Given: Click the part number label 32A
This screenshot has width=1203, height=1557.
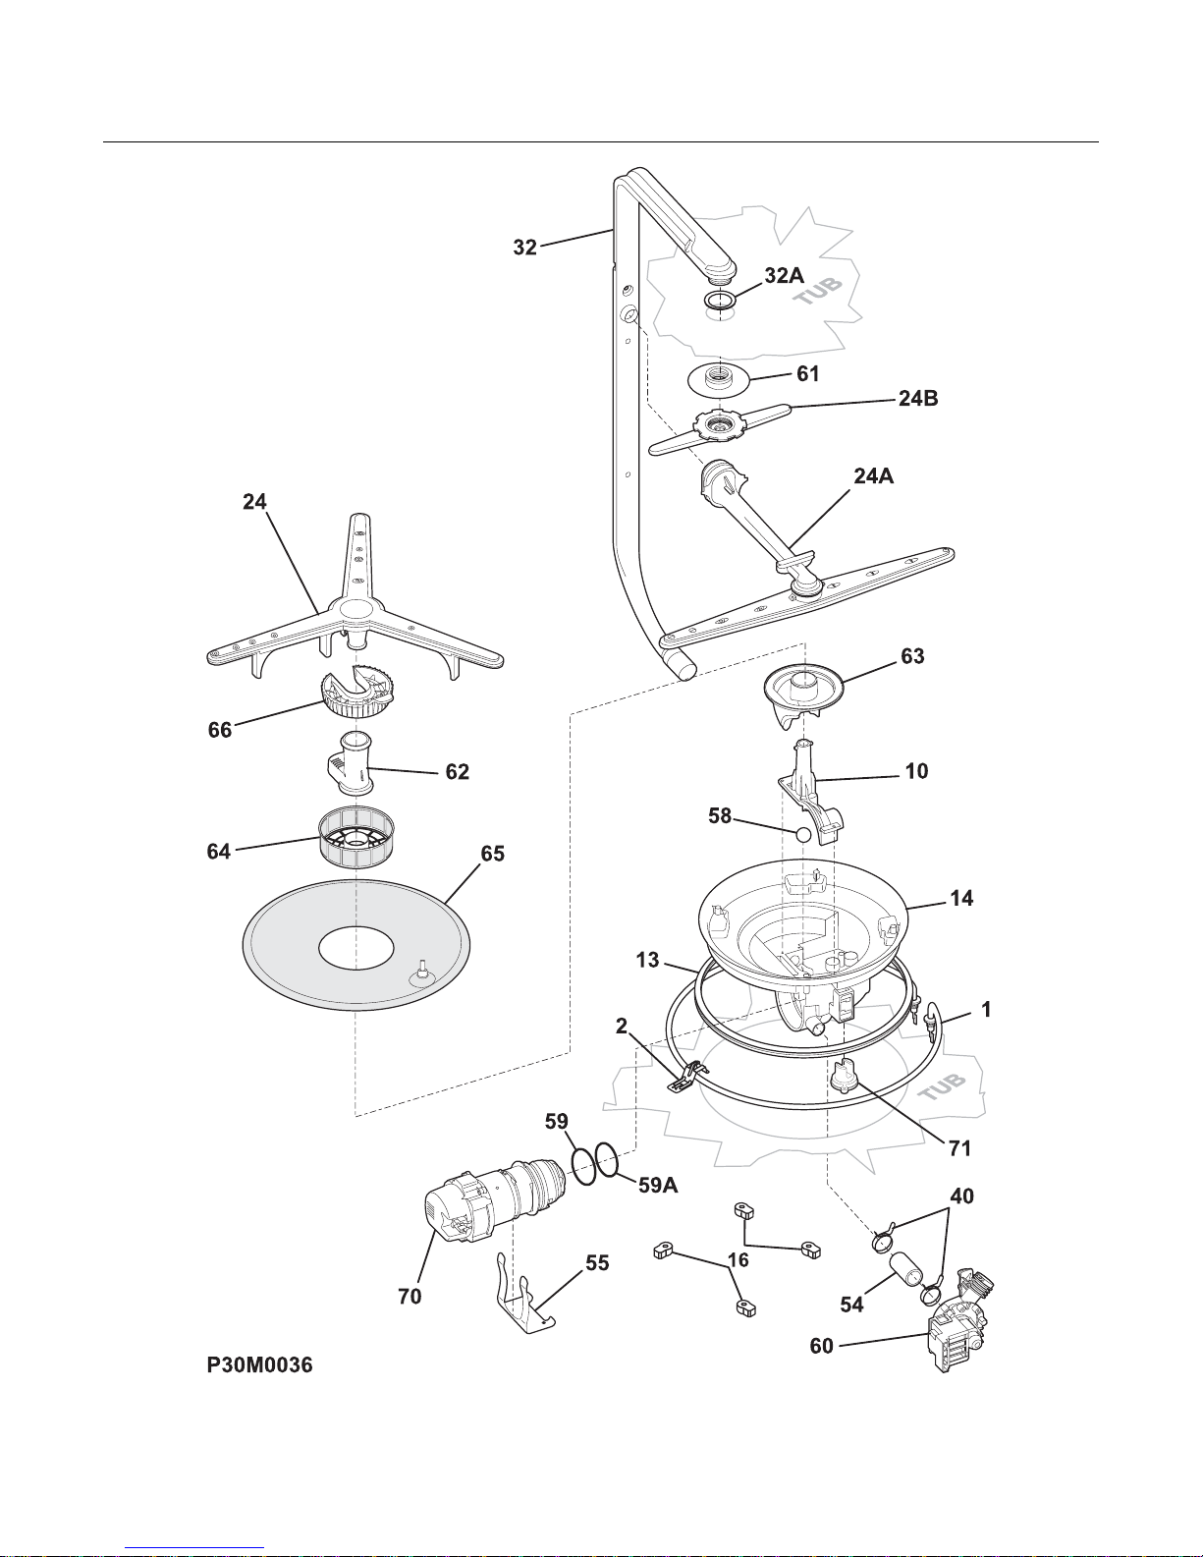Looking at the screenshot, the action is click(x=784, y=275).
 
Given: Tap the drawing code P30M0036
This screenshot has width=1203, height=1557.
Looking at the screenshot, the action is click(x=259, y=1365).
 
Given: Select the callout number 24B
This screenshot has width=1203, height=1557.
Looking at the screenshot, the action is click(x=918, y=399).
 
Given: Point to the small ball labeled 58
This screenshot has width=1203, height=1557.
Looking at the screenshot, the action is click(x=803, y=834).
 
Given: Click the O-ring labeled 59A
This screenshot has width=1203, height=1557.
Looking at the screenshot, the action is click(x=607, y=1158).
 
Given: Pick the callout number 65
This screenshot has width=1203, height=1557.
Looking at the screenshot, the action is click(x=493, y=854).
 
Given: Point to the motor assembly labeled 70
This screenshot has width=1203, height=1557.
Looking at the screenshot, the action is click(x=495, y=1200).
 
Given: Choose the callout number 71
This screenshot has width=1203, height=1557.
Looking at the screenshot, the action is click(x=959, y=1148).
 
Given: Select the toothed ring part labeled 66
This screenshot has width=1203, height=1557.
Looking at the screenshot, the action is click(x=358, y=691).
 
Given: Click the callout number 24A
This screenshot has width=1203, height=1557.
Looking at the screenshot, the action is click(x=874, y=475).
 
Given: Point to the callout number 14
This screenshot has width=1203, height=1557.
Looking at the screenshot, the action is click(x=961, y=898).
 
